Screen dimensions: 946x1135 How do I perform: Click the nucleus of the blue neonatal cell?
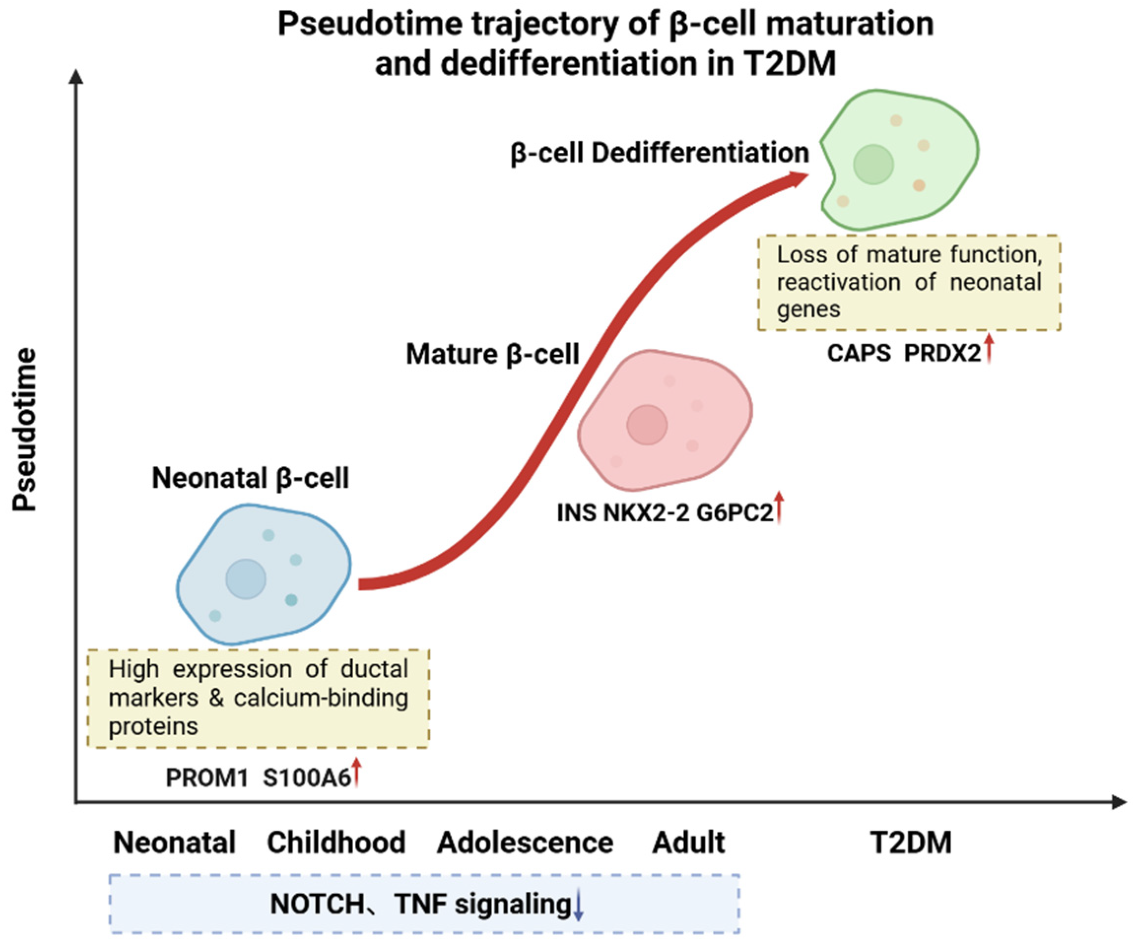coord(246,579)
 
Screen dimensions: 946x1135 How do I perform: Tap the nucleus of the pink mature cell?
coord(647,425)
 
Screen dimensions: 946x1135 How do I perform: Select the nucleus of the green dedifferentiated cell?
coord(873,165)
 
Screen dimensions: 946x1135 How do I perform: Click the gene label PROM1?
coord(206,778)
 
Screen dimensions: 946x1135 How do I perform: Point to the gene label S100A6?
coord(307,778)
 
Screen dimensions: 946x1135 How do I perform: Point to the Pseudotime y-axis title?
coord(25,430)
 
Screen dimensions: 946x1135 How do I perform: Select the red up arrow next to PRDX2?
coord(989,349)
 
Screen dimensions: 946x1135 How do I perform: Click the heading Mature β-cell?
coord(492,355)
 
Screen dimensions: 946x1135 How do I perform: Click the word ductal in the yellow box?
coord(374,670)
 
